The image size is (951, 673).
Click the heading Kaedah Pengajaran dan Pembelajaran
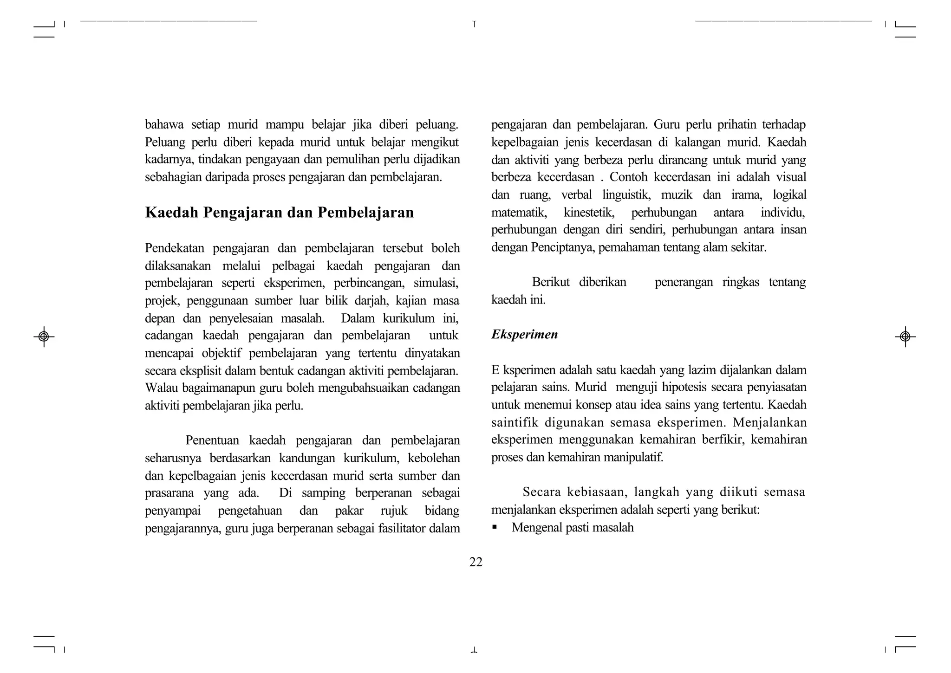tap(279, 213)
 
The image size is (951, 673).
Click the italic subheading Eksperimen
tap(524, 335)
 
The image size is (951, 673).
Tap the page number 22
tap(475, 562)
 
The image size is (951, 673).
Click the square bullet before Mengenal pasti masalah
tap(495, 527)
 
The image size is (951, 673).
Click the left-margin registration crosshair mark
tap(44, 336)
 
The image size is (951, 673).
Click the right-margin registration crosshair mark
tap(905, 336)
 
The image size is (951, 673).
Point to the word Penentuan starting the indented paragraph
tap(212, 440)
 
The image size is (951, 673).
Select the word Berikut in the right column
tap(551, 282)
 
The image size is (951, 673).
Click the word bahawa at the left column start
tap(163, 125)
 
